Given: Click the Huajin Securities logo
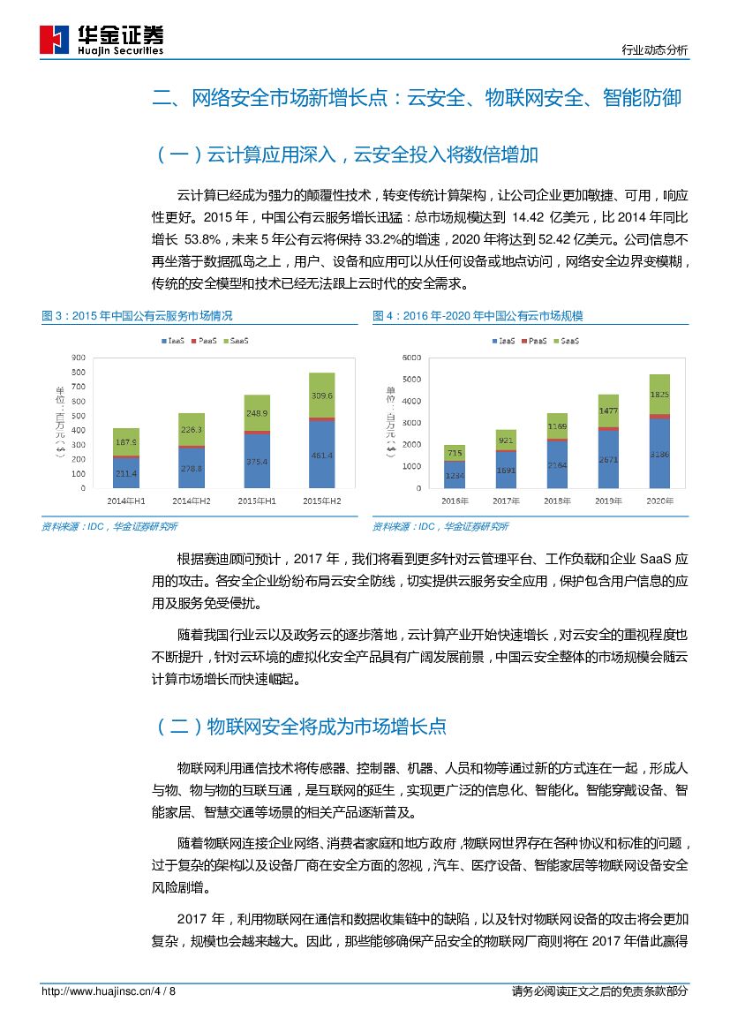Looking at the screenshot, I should click(102, 40).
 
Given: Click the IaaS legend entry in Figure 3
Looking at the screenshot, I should click(173, 340).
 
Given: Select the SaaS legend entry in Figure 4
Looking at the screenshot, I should click(567, 340).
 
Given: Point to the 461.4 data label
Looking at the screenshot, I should click(321, 456).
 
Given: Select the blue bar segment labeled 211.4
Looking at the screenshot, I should click(126, 472).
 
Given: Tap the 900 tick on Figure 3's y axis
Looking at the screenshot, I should click(79, 358).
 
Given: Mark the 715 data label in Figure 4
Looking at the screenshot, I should click(455, 453).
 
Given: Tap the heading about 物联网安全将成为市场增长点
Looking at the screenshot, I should click(300, 727).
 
